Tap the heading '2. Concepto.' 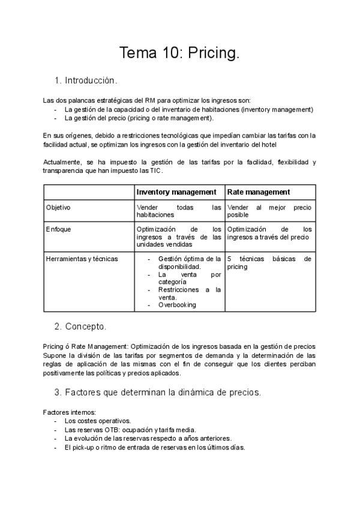point(80,327)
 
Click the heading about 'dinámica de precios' point(157,392)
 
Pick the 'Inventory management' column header point(176,192)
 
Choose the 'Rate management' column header point(258,192)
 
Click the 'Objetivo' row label point(58,208)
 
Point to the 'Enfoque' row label point(58,229)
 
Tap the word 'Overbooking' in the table point(177,305)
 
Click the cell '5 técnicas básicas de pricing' point(269,263)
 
